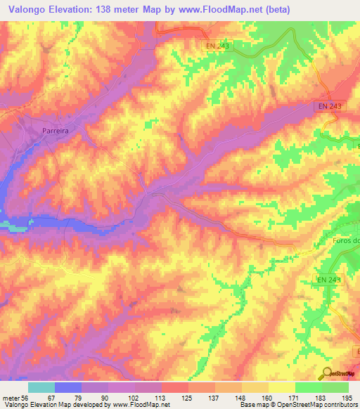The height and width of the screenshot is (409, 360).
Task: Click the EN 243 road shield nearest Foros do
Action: (x=328, y=280)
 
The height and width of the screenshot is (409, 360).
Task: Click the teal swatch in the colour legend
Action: (x=41, y=387)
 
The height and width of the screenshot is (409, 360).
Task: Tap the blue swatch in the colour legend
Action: (x=67, y=387)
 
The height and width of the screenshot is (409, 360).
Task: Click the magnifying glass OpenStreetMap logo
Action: (x=328, y=373)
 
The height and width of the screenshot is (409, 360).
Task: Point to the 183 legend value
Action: (x=321, y=397)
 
